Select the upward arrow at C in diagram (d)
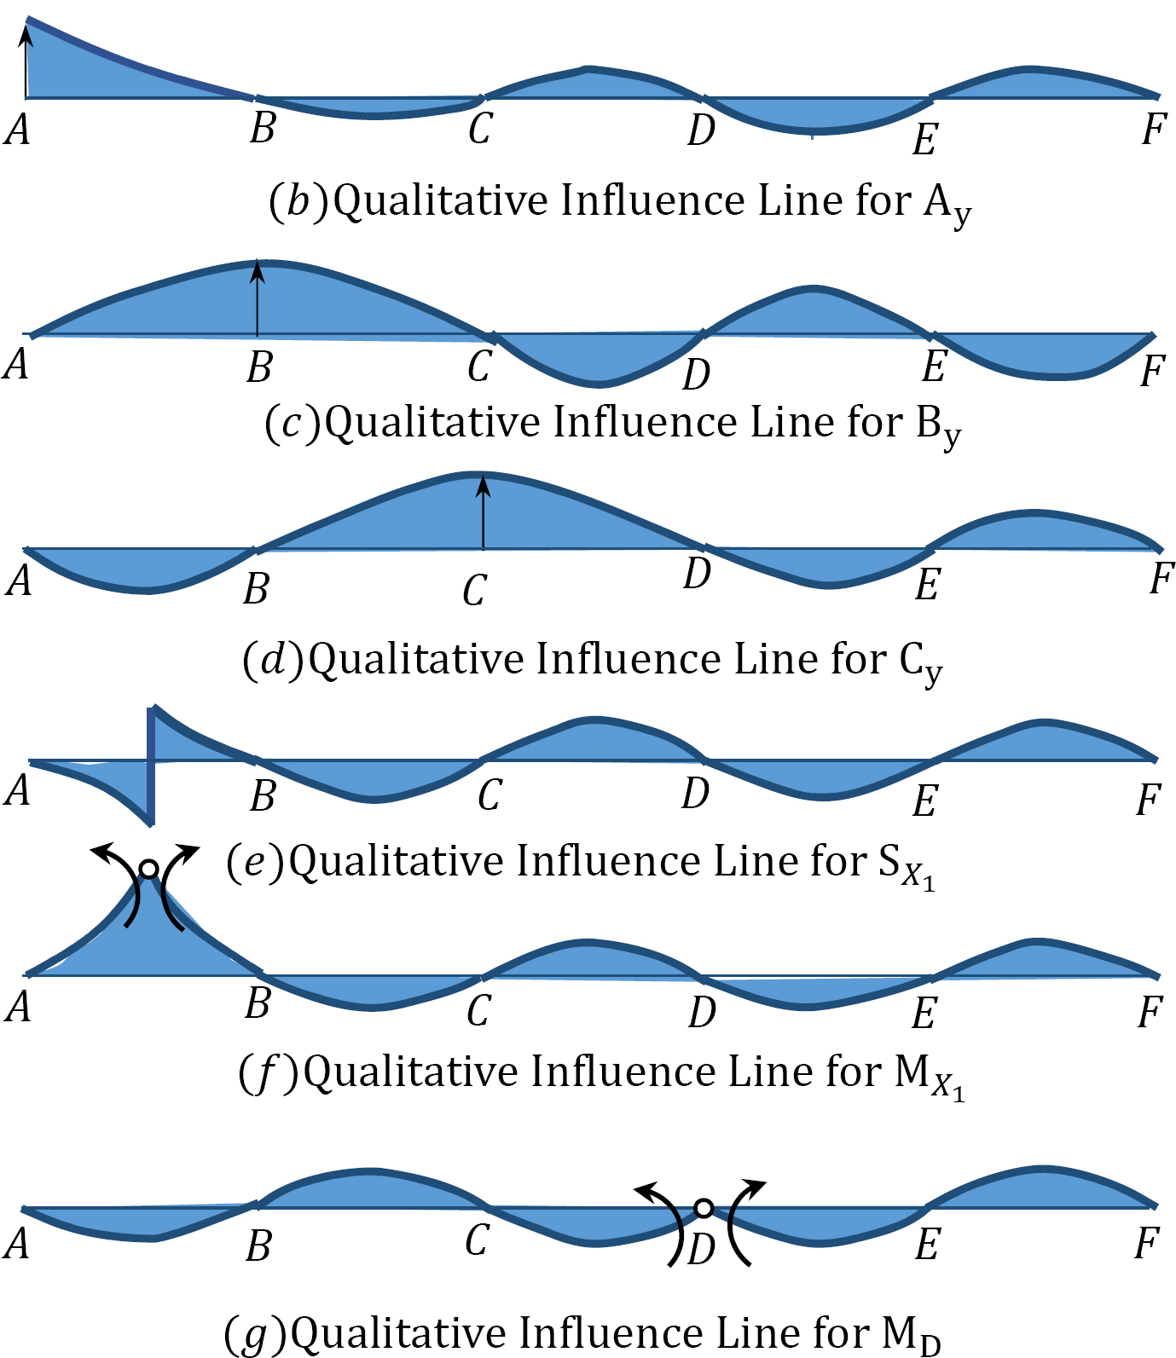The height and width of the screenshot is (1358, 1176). pyautogui.click(x=483, y=511)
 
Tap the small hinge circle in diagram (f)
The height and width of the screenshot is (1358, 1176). pyautogui.click(x=148, y=870)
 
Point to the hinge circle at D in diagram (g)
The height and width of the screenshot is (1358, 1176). pyautogui.click(x=704, y=1208)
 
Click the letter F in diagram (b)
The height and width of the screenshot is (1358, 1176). pyautogui.click(x=1154, y=130)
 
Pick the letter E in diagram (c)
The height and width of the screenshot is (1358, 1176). pyautogui.click(x=935, y=367)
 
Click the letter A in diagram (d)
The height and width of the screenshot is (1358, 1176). pyautogui.click(x=20, y=581)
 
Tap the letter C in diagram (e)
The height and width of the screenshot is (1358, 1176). pyautogui.click(x=490, y=795)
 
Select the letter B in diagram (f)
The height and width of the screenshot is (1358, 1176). pyautogui.click(x=258, y=1003)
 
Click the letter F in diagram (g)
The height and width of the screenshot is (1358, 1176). pyautogui.click(x=1148, y=1244)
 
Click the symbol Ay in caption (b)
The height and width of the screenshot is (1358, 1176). pyautogui.click(x=947, y=205)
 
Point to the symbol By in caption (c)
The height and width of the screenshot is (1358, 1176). pyautogui.click(x=939, y=425)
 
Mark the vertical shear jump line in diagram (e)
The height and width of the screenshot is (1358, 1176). pyautogui.click(x=151, y=765)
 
